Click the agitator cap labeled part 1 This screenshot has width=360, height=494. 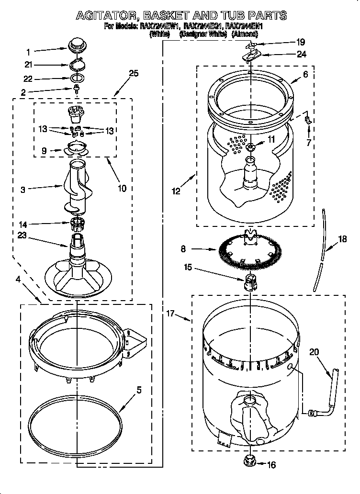click(76, 46)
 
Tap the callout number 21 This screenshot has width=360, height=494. click(28, 65)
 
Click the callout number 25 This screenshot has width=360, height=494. click(134, 73)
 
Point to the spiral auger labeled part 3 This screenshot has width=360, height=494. click(77, 187)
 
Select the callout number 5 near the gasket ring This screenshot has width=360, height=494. click(138, 390)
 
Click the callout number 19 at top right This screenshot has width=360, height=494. click(300, 42)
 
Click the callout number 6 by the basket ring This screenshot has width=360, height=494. click(305, 74)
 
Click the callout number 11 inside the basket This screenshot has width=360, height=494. click(271, 139)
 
